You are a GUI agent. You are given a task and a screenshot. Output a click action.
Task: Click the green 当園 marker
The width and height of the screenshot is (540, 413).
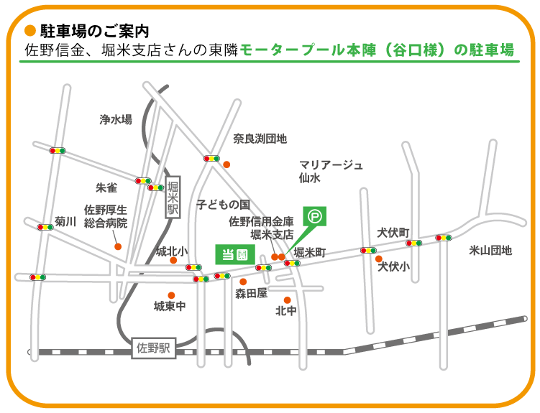tap(233, 254)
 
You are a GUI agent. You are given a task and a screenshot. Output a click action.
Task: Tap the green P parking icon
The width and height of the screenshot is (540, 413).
tap(315, 215)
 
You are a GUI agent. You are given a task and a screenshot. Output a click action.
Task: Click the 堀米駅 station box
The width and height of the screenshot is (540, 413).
tap(173, 197)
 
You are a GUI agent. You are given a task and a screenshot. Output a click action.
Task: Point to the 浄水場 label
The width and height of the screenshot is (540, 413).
tap(116, 120)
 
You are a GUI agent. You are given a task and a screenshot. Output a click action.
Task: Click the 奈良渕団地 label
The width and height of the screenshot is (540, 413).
tap(260, 138)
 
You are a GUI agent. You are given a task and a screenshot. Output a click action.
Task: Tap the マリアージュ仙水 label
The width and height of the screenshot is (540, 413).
tap(331, 171)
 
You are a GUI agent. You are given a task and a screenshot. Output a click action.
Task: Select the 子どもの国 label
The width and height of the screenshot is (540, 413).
tap(222, 204)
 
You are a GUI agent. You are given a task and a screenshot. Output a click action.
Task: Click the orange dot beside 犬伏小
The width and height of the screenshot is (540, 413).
tap(379, 259)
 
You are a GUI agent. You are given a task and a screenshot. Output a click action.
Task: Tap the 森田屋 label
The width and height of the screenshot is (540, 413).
tap(251, 293)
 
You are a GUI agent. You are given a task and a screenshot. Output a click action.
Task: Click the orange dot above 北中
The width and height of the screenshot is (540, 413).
tap(287, 300)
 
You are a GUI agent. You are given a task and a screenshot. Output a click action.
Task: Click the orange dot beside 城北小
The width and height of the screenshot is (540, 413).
tap(173, 261)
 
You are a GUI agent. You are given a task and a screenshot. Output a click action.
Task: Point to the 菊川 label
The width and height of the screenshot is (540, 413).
tap(65, 222)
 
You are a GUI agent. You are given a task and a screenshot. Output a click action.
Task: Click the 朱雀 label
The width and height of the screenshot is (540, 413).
tap(106, 187)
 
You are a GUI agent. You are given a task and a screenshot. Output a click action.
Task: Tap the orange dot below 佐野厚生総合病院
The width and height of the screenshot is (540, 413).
tap(118, 246)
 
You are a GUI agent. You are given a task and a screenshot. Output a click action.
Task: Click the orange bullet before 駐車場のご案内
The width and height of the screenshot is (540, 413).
tap(29, 31)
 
